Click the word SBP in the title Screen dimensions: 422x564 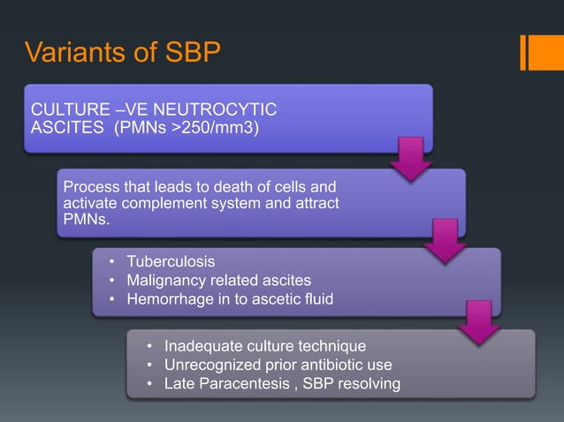point(187,54)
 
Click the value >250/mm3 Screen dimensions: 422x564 point(226,128)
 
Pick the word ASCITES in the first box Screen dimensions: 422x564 point(63,128)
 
